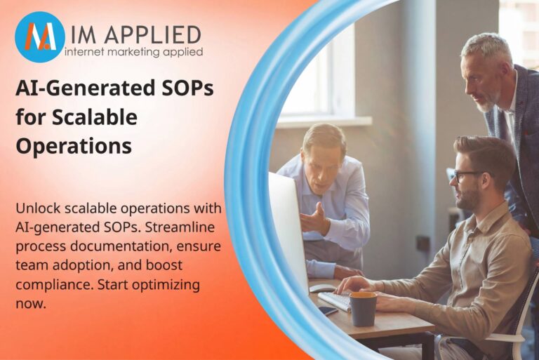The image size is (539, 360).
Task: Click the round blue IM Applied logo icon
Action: tap(40, 37)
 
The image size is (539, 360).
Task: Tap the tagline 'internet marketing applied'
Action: tap(133, 52)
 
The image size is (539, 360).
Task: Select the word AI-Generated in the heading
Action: tap(76, 89)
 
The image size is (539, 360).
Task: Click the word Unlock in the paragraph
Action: tap(39, 209)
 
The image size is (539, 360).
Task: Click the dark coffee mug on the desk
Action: tap(363, 309)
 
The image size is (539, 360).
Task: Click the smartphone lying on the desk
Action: tap(328, 310)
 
